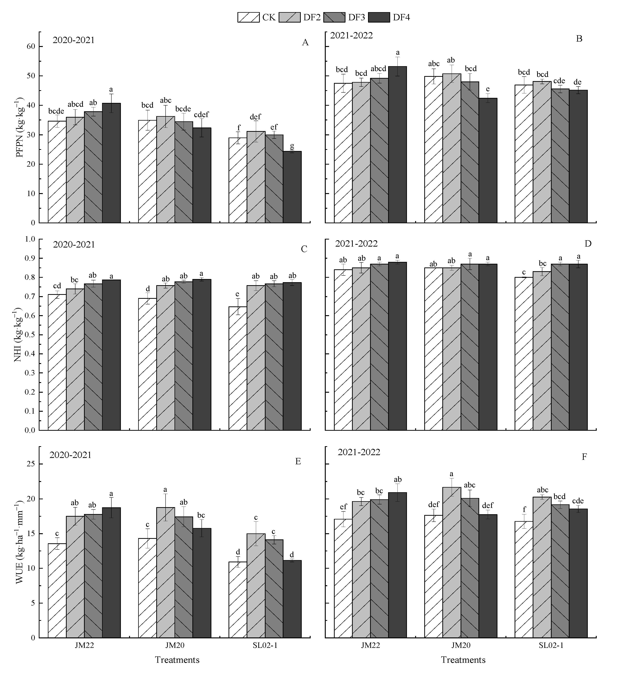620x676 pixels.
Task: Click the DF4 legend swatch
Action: [379, 17]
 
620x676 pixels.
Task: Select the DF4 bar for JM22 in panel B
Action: [398, 144]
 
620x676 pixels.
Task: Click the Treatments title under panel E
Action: [177, 660]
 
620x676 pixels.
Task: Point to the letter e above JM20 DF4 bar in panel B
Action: [488, 89]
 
